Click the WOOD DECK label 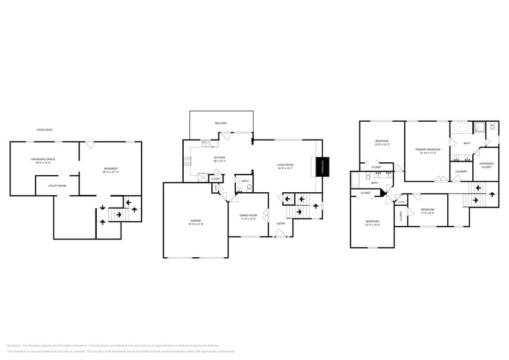[x=44, y=130]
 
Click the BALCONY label [x=221, y=124]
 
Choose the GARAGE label [x=195, y=220]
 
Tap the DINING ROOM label [x=248, y=216]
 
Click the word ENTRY [x=281, y=223]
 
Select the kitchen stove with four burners [x=187, y=162]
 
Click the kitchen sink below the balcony [x=206, y=144]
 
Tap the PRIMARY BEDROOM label [x=428, y=149]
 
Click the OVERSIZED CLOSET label [x=486, y=165]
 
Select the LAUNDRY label [x=461, y=171]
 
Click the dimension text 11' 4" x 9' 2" [x=428, y=214]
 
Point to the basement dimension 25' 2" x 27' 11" [x=111, y=172]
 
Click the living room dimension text [x=286, y=168]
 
